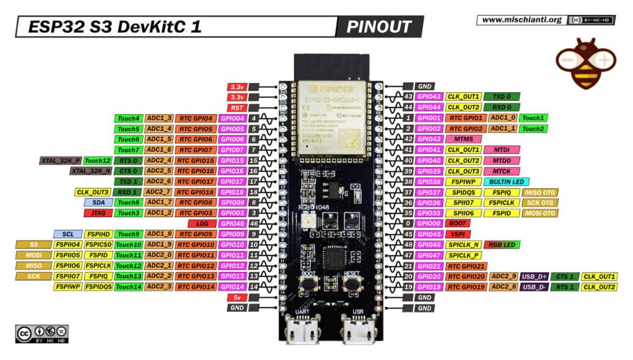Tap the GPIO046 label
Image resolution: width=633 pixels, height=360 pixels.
tap(232, 223)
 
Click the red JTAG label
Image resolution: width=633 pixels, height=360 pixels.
tap(98, 213)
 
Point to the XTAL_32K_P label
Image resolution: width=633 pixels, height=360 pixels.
tap(61, 160)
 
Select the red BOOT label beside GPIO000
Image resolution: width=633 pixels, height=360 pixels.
tap(458, 223)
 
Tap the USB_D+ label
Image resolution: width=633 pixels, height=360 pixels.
tap(534, 276)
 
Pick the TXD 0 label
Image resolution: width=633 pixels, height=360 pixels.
tap(502, 96)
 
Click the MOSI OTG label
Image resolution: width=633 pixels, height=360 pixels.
tap(539, 213)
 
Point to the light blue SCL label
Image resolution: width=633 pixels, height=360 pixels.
tap(67, 234)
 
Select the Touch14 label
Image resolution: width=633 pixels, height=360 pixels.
tap(129, 286)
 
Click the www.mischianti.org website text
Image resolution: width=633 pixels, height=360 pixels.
tap(521, 20)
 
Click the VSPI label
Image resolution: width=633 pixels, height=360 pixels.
tap(458, 234)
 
